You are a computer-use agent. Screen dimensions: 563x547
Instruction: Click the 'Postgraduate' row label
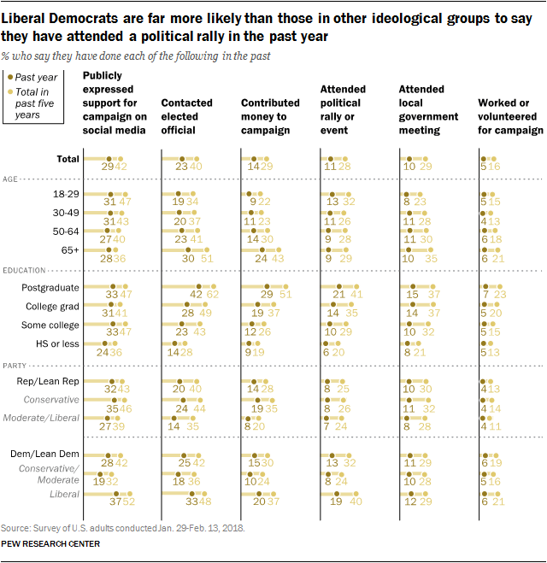(x=50, y=289)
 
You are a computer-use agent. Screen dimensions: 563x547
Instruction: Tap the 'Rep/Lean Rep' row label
(x=50, y=383)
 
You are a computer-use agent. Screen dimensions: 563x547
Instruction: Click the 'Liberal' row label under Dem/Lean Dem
(x=64, y=493)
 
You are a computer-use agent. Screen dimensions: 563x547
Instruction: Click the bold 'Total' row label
(x=68, y=159)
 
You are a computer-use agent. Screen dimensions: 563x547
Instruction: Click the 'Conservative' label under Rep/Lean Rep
(x=53, y=400)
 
